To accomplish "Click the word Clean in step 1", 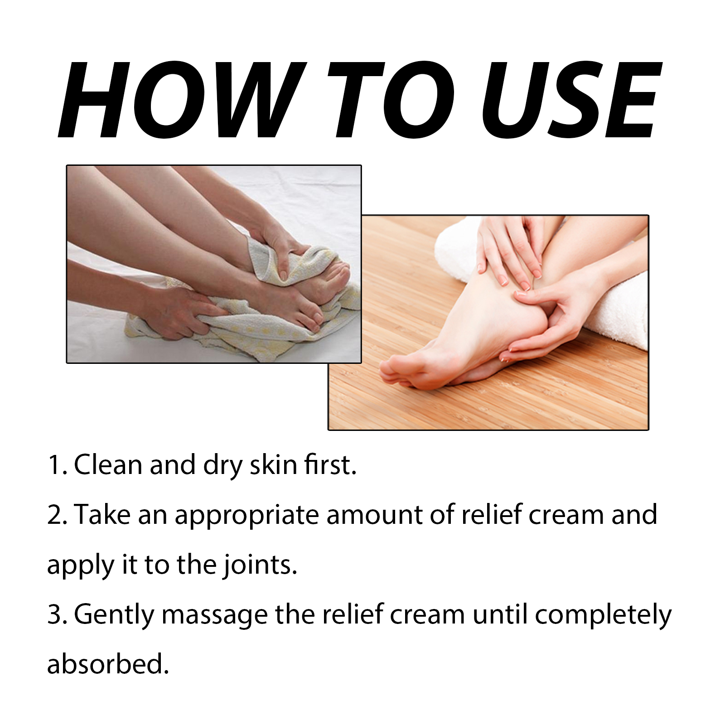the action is (108, 465).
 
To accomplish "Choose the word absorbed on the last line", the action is (108, 664).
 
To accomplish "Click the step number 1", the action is (57, 465).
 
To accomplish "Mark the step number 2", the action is (57, 515).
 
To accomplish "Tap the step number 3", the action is (57, 615).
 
